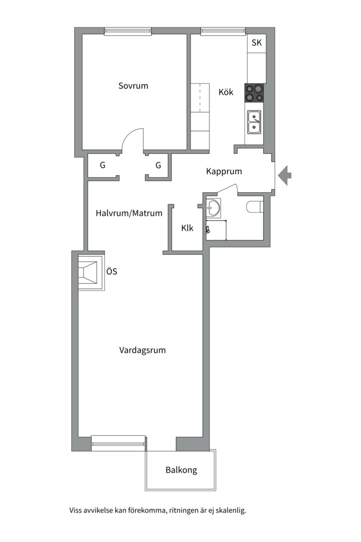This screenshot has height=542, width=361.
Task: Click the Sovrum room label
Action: point(133,86)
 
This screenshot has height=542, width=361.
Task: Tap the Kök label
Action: point(226,92)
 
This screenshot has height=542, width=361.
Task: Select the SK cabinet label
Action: point(257,43)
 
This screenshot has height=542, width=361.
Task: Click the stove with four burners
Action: point(254,93)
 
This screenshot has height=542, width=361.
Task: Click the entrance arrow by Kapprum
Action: point(285,175)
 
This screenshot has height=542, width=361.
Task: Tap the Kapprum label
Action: point(224,172)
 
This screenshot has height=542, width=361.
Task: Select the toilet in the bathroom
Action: point(255,207)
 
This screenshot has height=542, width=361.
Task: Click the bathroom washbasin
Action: point(213,208)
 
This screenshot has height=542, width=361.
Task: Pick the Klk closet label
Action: point(187,228)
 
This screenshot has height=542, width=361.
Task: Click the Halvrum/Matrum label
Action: point(129,213)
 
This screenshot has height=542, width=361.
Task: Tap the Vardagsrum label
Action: point(142,350)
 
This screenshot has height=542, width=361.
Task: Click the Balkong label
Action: point(182,470)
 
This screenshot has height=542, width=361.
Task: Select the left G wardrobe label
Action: point(103,165)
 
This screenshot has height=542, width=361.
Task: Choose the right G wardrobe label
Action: point(158,165)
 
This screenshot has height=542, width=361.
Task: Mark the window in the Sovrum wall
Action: point(128,32)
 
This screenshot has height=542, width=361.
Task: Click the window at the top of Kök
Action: point(223,32)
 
